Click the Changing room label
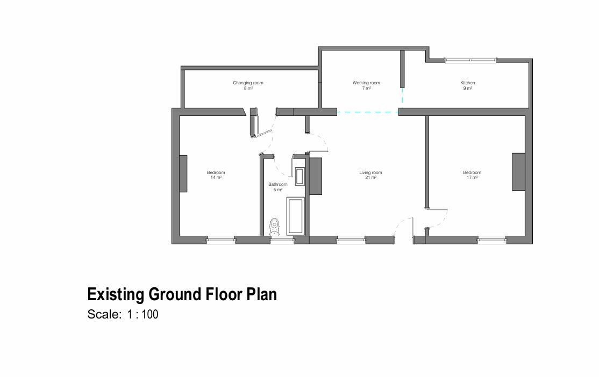(248, 83)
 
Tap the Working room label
(366, 83)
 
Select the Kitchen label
(467, 83)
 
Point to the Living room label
(370, 172)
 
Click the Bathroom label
(278, 184)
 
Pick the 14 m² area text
(216, 177)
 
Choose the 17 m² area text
(472, 177)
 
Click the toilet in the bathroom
(275, 227)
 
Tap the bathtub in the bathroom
(296, 216)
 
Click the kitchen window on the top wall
(470, 60)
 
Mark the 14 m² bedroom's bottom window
(221, 240)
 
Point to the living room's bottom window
(351, 240)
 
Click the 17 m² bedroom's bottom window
(492, 240)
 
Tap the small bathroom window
(282, 240)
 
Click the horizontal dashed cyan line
(368, 112)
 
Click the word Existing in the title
(116, 294)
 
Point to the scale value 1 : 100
(143, 315)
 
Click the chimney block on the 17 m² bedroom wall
(518, 171)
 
